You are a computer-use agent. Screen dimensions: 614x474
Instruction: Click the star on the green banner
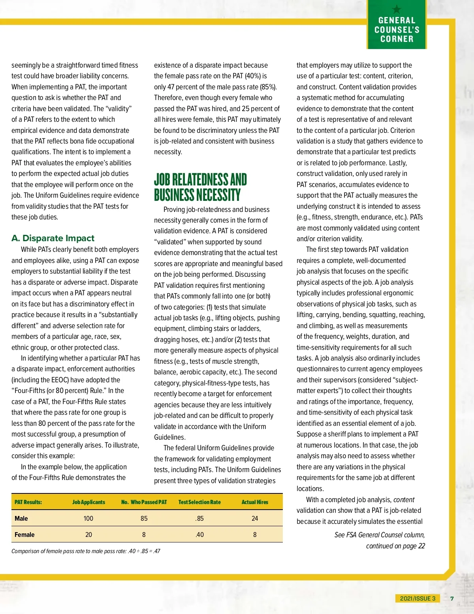pyautogui.click(x=397, y=9)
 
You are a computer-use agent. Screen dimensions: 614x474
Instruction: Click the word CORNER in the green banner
pyautogui.click(x=397, y=39)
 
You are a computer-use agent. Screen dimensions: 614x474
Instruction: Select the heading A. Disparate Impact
pyautogui.click(x=53, y=238)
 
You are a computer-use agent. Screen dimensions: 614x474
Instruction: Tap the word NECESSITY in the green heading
pyautogui.click(x=218, y=195)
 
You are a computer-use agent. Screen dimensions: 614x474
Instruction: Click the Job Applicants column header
pyautogui.click(x=88, y=502)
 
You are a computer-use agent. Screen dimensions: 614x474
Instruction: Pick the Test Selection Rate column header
pyautogui.click(x=199, y=502)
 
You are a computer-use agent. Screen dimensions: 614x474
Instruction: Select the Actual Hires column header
pyautogui.click(x=255, y=502)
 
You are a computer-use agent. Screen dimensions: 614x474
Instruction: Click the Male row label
pyautogui.click(x=21, y=518)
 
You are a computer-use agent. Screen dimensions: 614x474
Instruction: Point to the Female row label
pyautogui.click(x=24, y=535)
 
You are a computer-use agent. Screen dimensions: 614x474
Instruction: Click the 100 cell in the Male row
pyautogui.click(x=88, y=518)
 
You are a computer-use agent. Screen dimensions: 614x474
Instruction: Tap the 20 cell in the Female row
pyautogui.click(x=88, y=535)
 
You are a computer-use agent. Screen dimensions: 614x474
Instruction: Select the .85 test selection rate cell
pyautogui.click(x=199, y=518)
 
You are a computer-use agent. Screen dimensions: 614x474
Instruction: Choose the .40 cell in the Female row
pyautogui.click(x=199, y=535)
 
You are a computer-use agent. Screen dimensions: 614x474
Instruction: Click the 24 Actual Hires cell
pyautogui.click(x=255, y=518)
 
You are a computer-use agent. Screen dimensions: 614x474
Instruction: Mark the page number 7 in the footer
pyautogui.click(x=452, y=598)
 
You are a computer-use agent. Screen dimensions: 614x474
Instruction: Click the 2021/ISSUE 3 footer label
pyautogui.click(x=418, y=598)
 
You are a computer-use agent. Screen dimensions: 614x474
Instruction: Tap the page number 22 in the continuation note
pyautogui.click(x=421, y=546)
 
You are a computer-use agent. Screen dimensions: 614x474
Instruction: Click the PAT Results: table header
pyautogui.click(x=28, y=502)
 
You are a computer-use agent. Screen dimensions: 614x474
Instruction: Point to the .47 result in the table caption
pyautogui.click(x=156, y=551)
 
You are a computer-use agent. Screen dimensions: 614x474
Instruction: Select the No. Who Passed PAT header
pyautogui.click(x=144, y=502)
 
